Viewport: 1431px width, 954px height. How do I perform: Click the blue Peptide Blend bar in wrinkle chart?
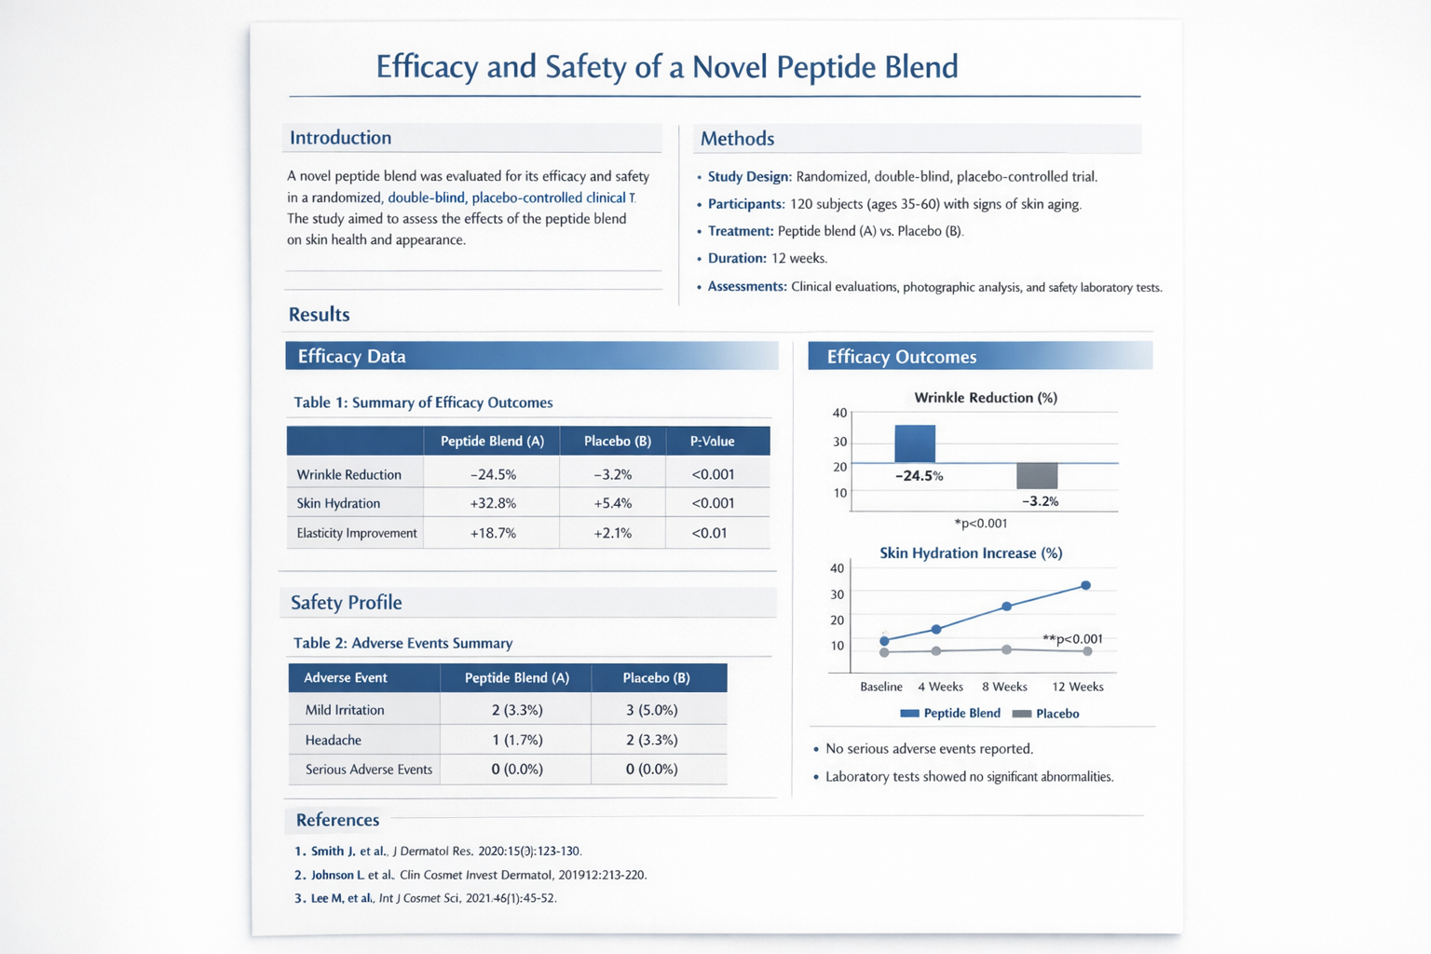click(x=915, y=443)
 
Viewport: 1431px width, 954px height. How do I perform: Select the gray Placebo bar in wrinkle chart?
click(x=1037, y=476)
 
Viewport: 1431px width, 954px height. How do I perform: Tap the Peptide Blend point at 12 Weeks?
click(x=1085, y=586)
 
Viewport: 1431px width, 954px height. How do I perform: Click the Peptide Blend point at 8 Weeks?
click(x=1007, y=606)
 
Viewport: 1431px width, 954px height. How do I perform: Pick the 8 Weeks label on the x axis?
click(x=1004, y=687)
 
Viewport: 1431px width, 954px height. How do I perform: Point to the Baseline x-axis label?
click(x=880, y=687)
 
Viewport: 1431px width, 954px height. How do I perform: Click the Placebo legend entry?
click(x=1046, y=714)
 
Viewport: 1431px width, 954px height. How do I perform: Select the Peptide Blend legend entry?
click(x=950, y=714)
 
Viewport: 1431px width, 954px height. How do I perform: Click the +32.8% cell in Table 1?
click(x=493, y=503)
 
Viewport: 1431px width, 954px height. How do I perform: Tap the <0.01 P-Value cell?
click(x=709, y=533)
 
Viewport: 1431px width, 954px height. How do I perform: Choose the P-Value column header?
click(x=712, y=442)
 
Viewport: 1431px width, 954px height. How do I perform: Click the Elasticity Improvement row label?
click(x=356, y=533)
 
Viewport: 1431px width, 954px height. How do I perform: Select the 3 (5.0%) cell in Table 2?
click(x=651, y=710)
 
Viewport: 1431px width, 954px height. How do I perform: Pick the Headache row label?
click(x=333, y=740)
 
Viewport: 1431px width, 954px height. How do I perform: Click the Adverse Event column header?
click(x=345, y=678)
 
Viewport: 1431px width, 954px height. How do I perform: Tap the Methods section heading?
click(x=737, y=139)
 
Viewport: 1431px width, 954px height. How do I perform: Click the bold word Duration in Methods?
click(x=736, y=258)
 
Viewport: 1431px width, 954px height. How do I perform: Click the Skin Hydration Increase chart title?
click(x=971, y=553)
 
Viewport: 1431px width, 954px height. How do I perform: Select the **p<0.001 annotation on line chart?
click(x=1072, y=639)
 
